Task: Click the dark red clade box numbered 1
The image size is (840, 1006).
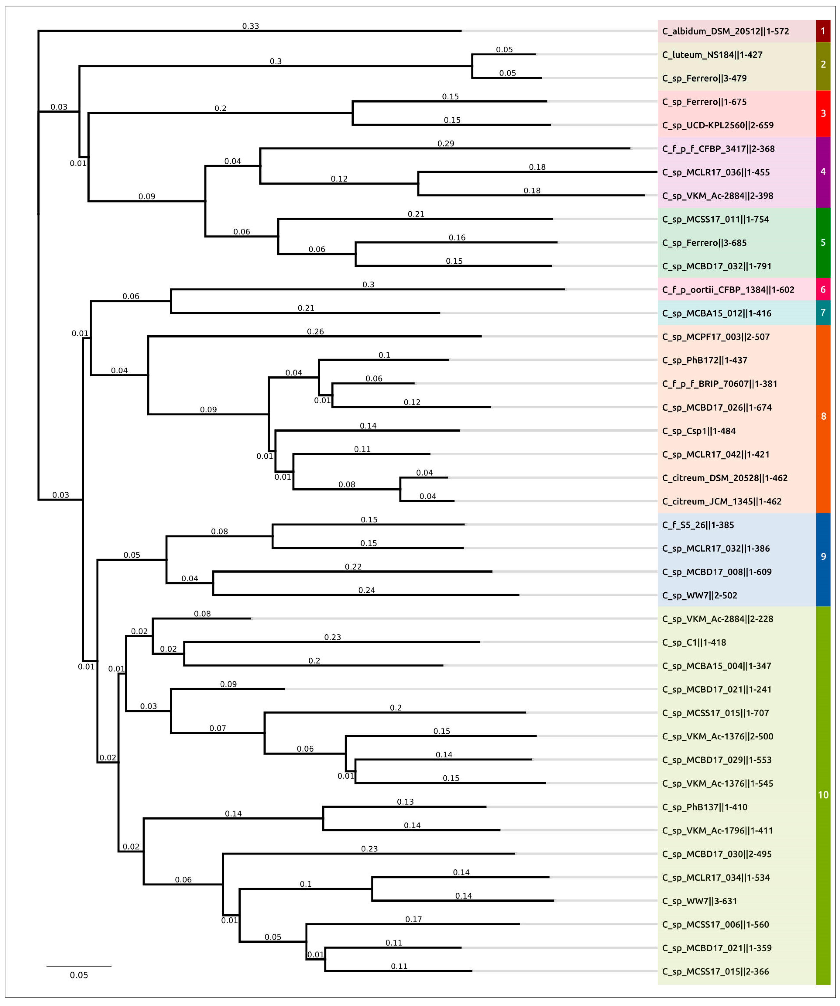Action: (x=823, y=31)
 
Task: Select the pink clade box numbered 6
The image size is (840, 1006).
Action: (x=823, y=289)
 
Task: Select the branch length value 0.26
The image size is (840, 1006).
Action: (x=315, y=332)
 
